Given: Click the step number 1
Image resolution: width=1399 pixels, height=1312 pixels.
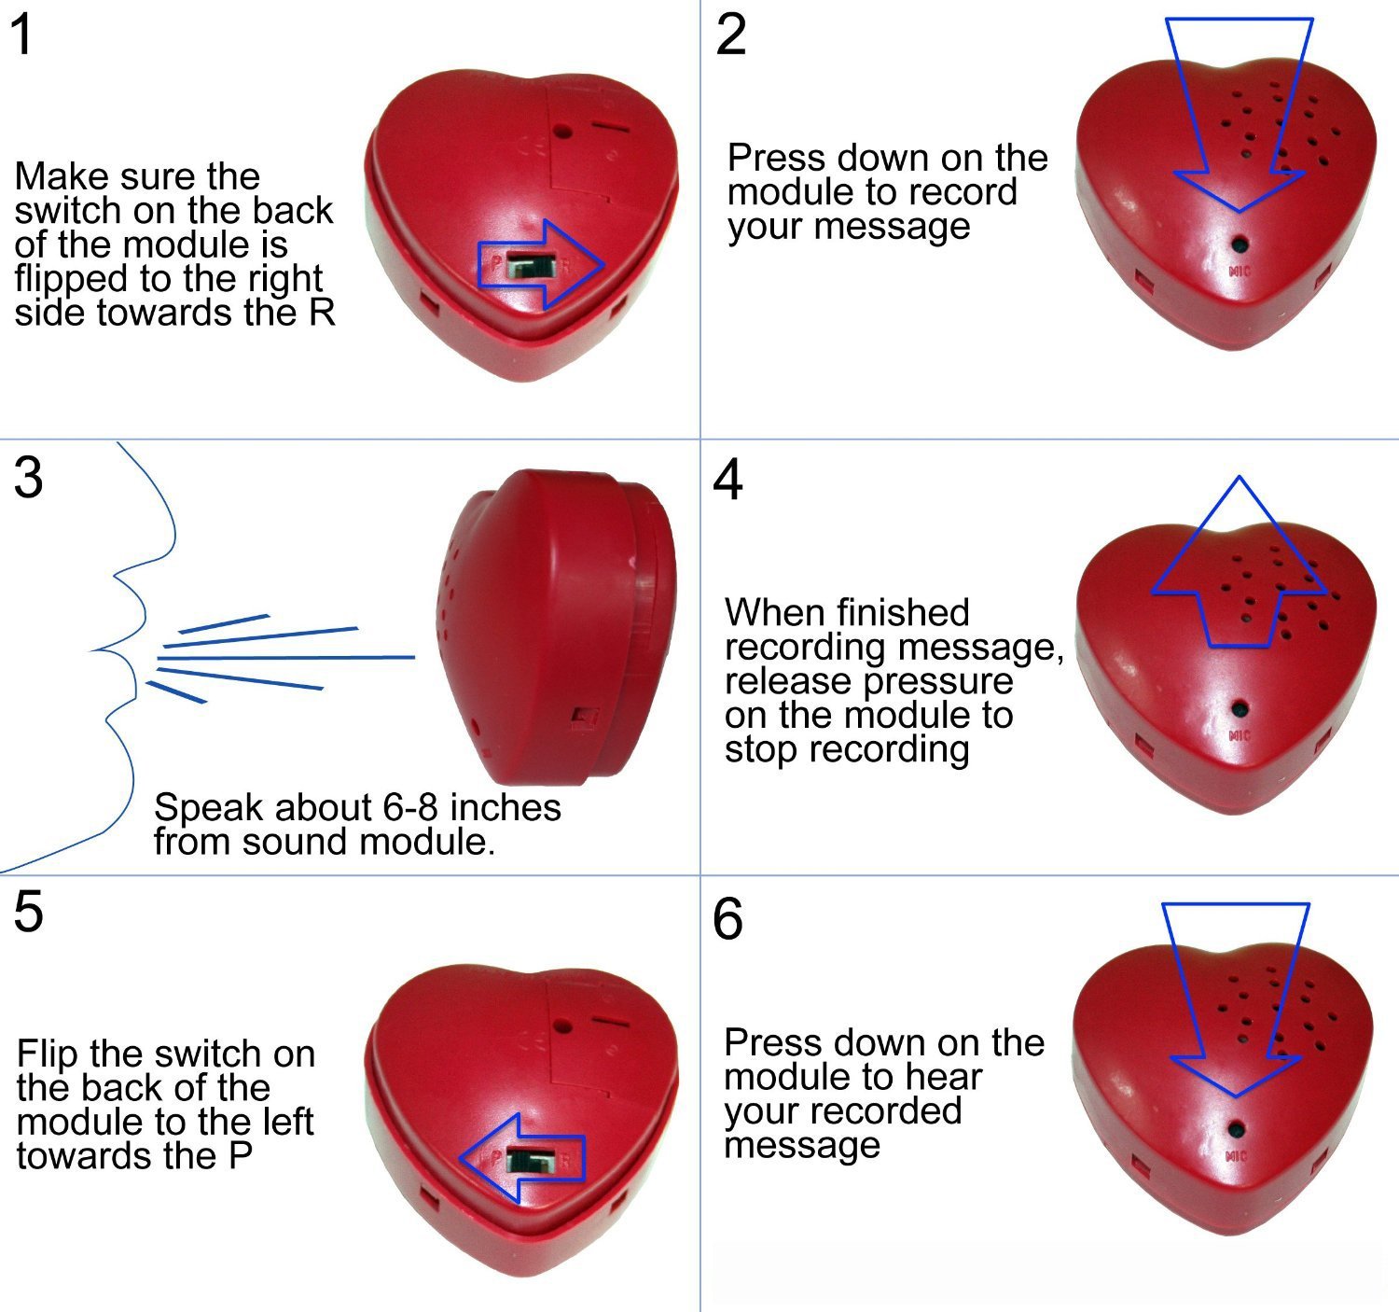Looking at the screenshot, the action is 22,35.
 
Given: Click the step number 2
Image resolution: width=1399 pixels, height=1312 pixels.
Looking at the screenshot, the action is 730,35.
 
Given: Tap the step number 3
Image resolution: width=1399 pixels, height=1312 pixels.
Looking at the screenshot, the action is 28,478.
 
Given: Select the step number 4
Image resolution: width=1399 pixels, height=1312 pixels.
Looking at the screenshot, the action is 727,480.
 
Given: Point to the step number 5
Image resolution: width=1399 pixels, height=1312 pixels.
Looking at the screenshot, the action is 28,911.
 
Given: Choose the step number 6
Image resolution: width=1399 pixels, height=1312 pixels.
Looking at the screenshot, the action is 727,919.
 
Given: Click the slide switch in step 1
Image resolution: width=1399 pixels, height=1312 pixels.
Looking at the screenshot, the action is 530,266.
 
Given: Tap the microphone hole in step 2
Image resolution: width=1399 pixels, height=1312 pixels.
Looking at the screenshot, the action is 1240,245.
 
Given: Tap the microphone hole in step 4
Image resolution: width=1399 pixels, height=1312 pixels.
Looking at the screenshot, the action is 1240,708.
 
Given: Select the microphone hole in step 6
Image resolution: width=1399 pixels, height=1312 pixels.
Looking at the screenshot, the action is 1236,1130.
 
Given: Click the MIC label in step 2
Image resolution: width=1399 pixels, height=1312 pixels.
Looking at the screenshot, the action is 1240,271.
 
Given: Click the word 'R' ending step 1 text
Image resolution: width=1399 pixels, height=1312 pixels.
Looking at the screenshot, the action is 321,313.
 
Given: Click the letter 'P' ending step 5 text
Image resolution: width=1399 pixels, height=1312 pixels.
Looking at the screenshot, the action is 241,1155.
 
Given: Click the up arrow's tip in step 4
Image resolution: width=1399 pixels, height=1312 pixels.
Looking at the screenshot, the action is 1240,477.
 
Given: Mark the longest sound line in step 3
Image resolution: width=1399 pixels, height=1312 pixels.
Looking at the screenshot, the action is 286,658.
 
